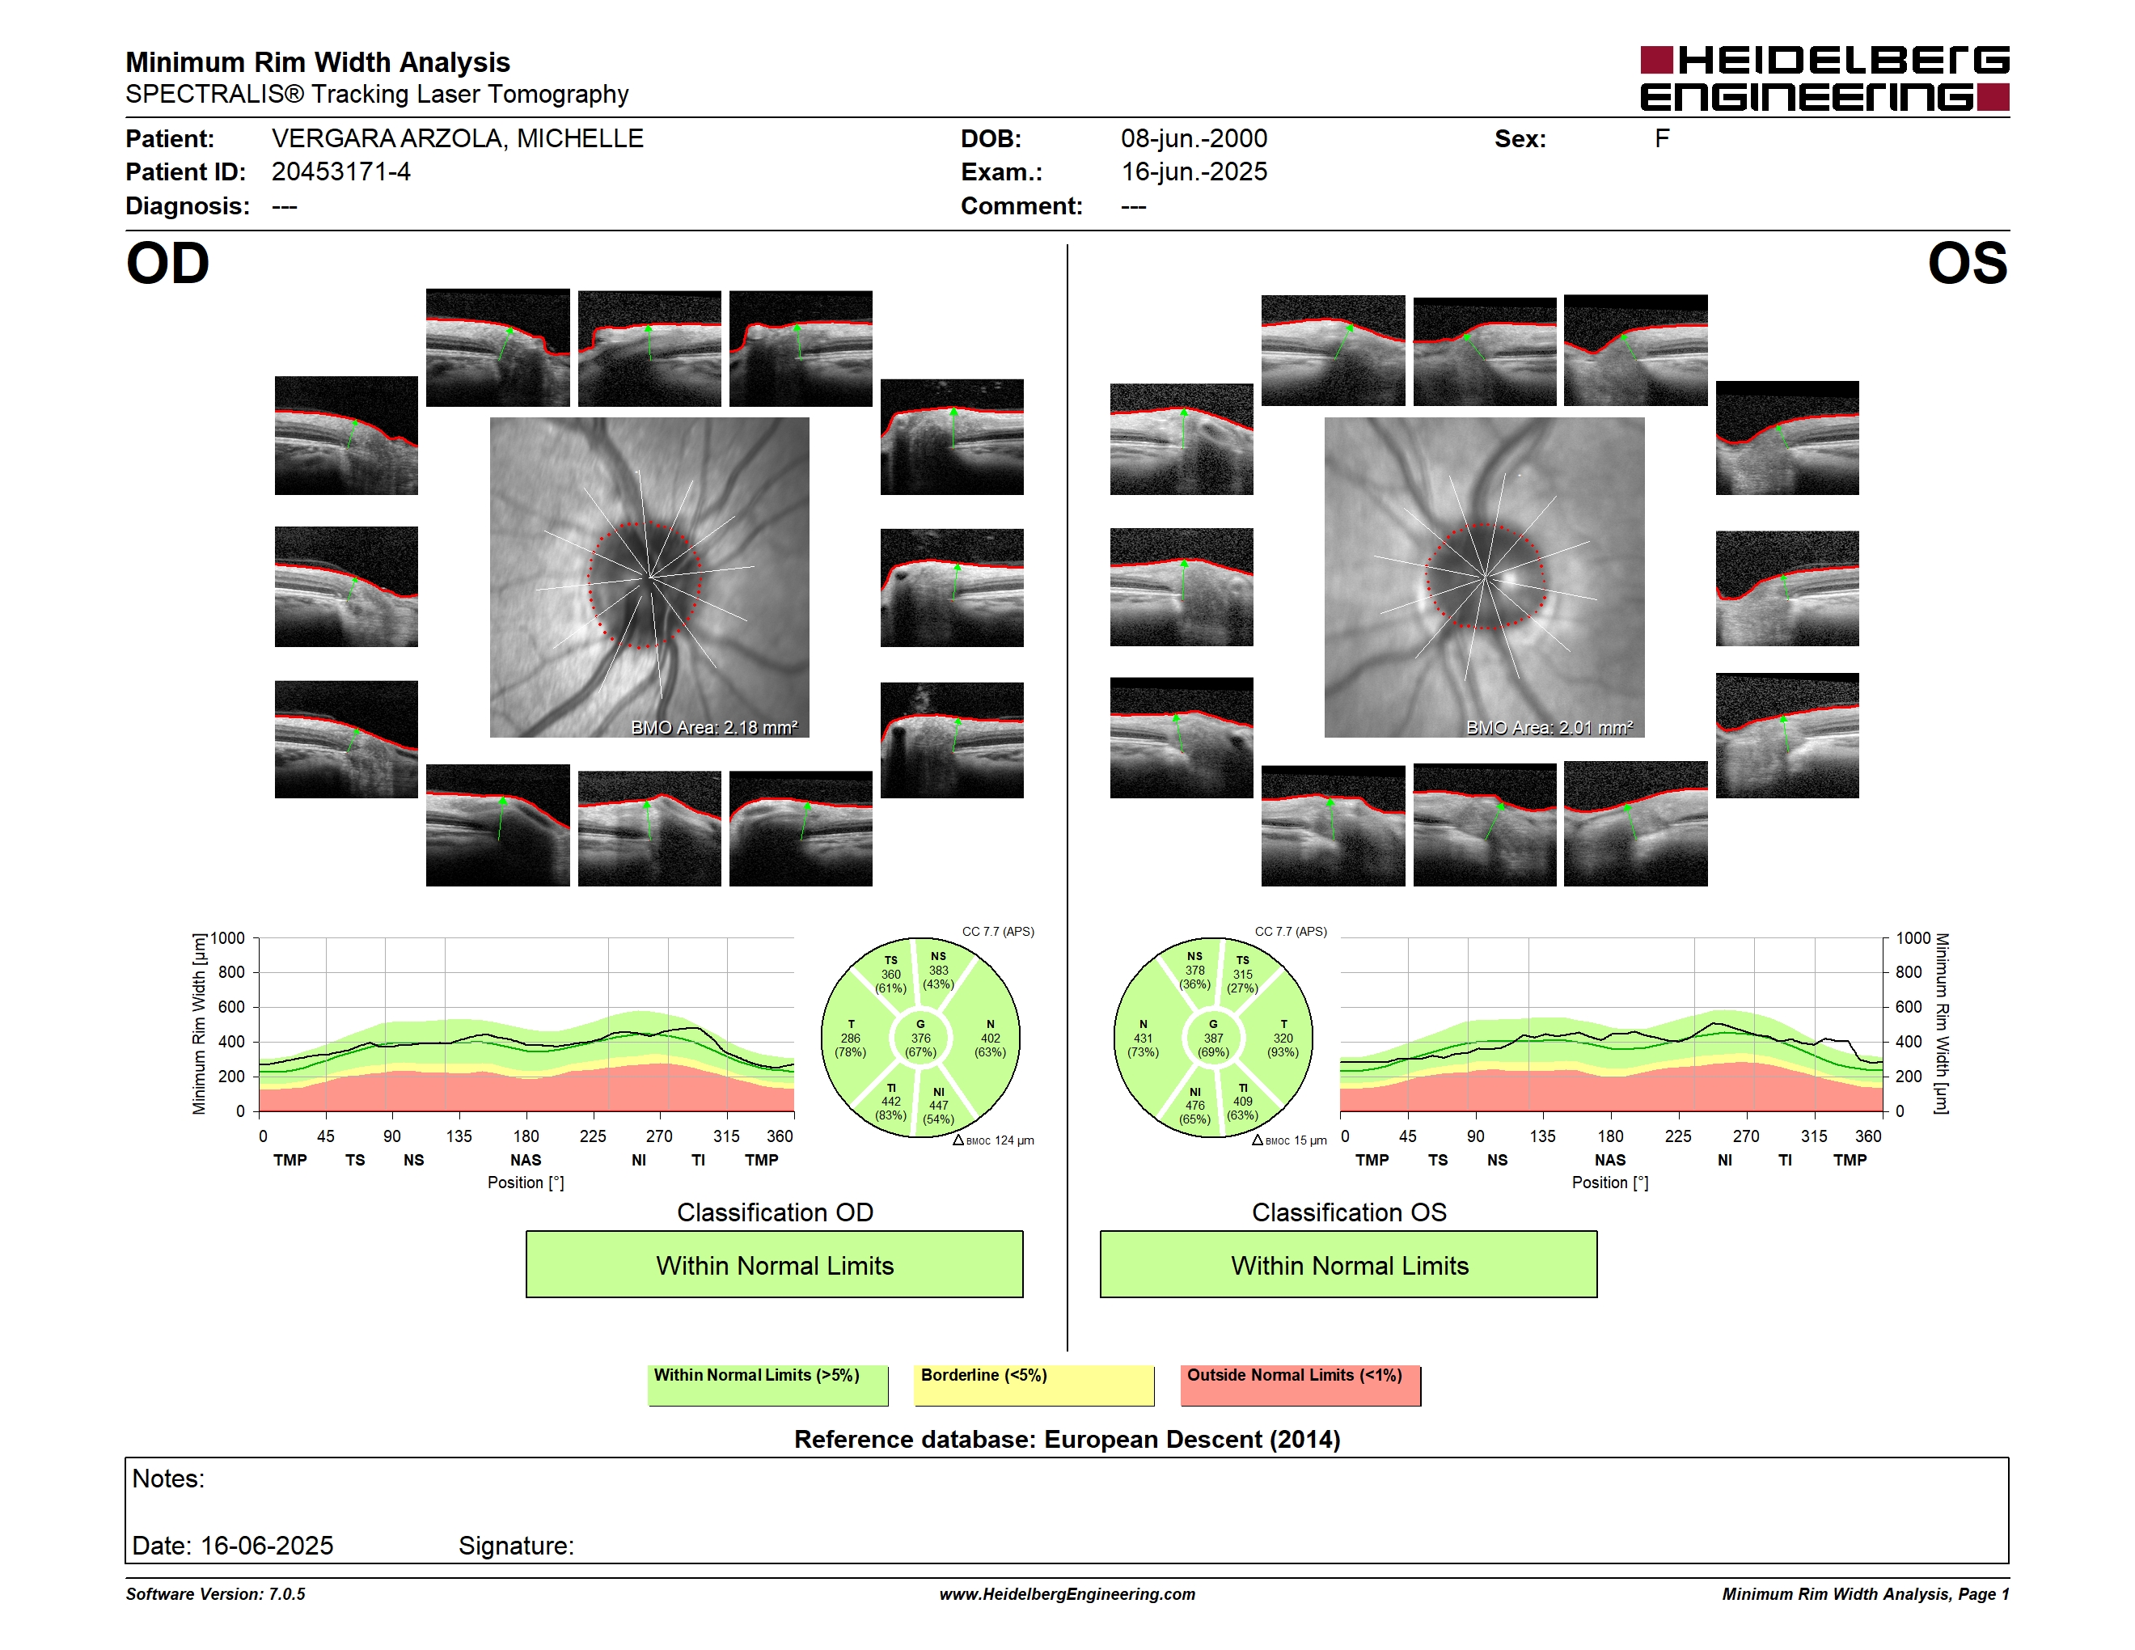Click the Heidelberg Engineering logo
click(1824, 78)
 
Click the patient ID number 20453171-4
click(341, 172)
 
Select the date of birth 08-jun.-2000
click(1194, 139)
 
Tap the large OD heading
click(168, 264)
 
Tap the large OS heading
click(1968, 264)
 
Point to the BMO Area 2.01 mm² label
click(1549, 727)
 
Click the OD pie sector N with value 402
click(989, 1038)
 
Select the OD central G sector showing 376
click(920, 1038)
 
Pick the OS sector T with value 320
click(1283, 1038)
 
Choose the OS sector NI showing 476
click(1194, 1106)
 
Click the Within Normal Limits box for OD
click(774, 1265)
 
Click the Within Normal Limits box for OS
click(1349, 1265)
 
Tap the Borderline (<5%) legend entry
click(1034, 1385)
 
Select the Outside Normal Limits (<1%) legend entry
click(1300, 1385)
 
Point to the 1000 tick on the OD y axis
click(228, 938)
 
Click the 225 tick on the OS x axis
click(1677, 1136)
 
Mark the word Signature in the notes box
click(515, 1546)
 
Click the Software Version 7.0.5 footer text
click(215, 1594)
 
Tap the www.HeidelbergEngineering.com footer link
click(1067, 1594)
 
